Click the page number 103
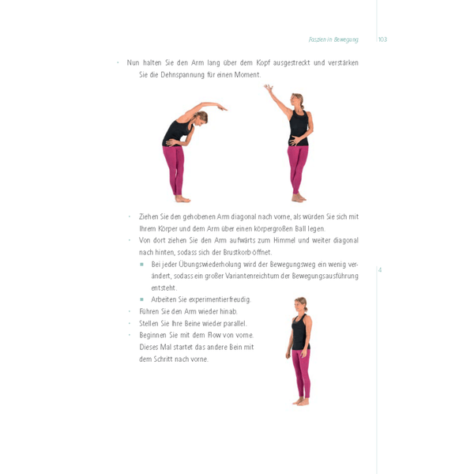[x=382, y=39]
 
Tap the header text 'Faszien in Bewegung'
[x=333, y=39]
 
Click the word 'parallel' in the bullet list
[x=235, y=323]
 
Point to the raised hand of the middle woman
[x=268, y=88]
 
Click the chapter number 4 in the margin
[x=380, y=269]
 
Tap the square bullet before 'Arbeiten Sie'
[x=142, y=299]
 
